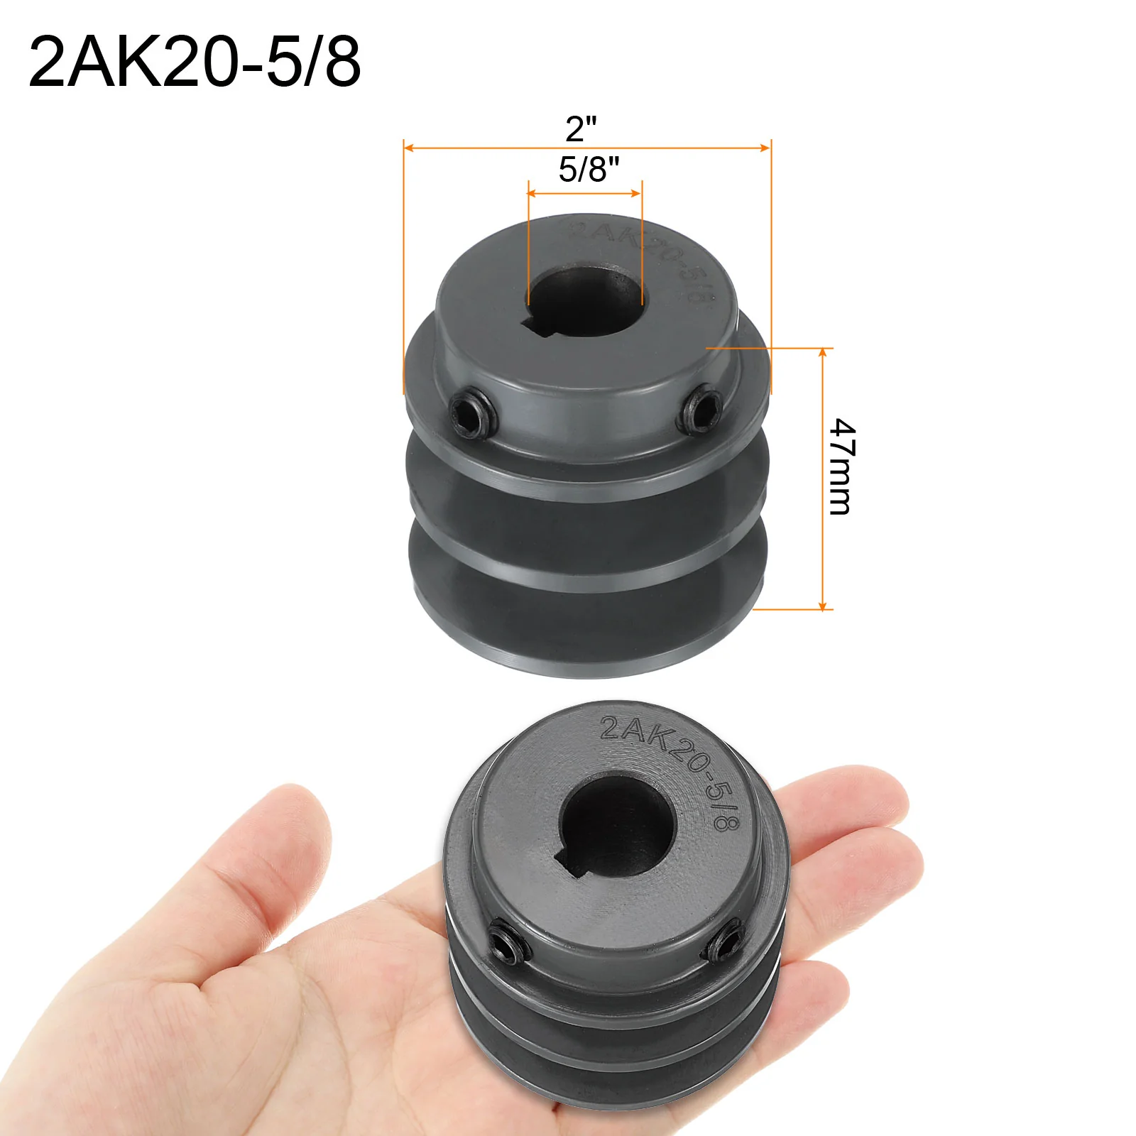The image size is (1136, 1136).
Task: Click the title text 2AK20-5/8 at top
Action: point(195,62)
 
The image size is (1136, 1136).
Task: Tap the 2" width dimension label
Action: point(581,129)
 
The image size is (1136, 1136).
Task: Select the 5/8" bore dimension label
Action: point(589,170)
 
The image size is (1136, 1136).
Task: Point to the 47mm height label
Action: point(843,466)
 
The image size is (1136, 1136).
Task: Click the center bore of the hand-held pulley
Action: point(615,824)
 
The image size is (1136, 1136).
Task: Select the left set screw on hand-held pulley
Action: point(508,940)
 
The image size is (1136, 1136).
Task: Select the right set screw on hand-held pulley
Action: point(723,941)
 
